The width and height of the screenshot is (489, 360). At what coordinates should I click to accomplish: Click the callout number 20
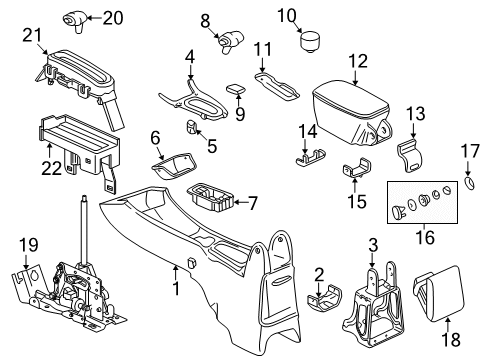pyautogui.click(x=113, y=17)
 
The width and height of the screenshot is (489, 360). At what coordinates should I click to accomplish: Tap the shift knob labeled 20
pyautogui.click(x=78, y=17)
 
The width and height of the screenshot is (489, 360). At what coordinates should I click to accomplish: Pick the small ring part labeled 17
pyautogui.click(x=471, y=185)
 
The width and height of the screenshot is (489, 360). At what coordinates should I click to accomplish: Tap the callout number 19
pyautogui.click(x=27, y=243)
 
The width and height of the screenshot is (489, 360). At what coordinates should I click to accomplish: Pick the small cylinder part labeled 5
pyautogui.click(x=190, y=126)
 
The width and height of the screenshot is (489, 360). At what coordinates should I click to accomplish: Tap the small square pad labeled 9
pyautogui.click(x=237, y=87)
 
